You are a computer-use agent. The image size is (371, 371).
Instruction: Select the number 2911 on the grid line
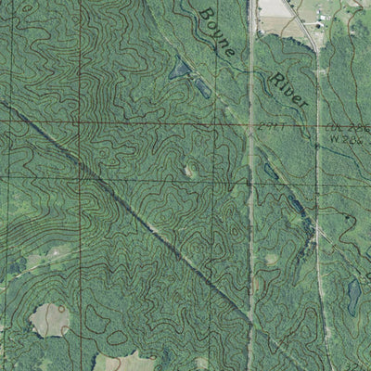pos(272,125)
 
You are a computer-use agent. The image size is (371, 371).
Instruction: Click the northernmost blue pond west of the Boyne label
pos(178,66)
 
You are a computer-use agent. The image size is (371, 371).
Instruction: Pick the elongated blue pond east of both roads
pos(353,296)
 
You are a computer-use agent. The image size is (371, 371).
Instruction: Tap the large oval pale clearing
pos(50,320)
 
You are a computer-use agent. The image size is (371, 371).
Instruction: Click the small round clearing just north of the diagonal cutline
pos(189,170)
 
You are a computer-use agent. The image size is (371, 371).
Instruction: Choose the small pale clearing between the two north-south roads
pos(271,261)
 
